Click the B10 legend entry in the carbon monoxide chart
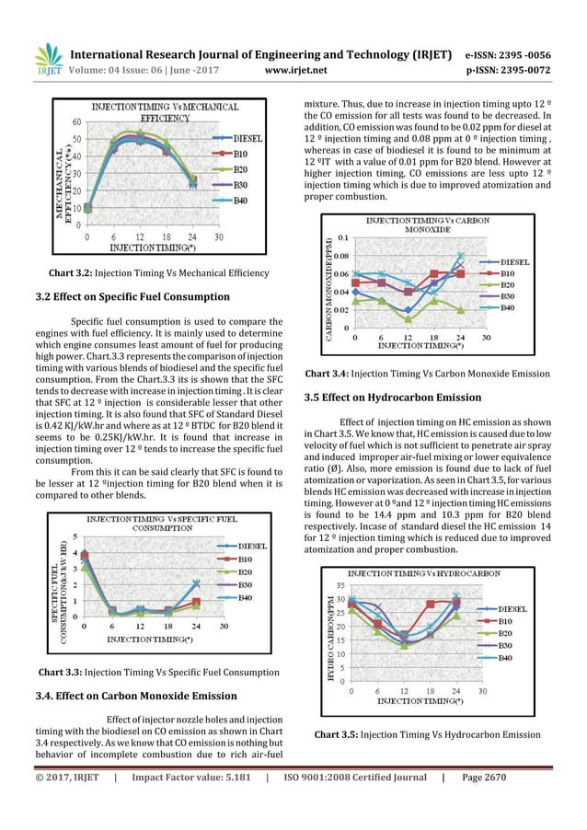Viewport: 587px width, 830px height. (x=514, y=273)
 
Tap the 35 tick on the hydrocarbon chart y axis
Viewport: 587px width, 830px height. (x=340, y=585)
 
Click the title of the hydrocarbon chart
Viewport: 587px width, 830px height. (x=430, y=573)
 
